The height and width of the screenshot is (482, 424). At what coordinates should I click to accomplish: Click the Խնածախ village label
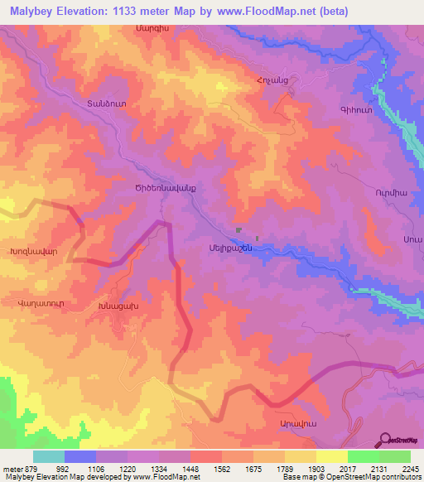pyautogui.click(x=114, y=308)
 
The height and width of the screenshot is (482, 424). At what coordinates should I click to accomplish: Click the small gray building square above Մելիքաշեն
pyautogui.click(x=238, y=231)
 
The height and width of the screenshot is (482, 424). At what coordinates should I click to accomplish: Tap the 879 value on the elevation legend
pyautogui.click(x=24, y=467)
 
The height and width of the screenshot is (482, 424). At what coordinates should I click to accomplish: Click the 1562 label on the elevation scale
pyautogui.click(x=221, y=467)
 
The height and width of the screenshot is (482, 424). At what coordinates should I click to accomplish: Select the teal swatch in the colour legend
pyautogui.click(x=48, y=456)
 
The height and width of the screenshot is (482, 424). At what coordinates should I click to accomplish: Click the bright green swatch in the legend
pyautogui.click(x=363, y=456)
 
